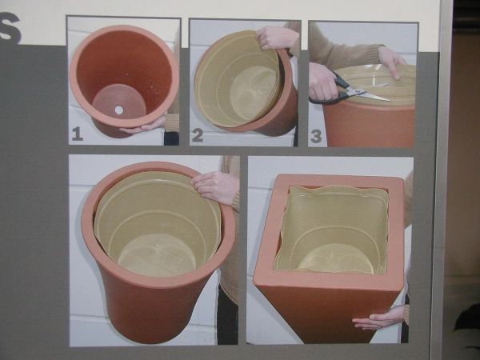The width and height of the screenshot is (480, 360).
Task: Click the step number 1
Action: (77, 134)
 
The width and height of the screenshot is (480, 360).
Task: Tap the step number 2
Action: (198, 135)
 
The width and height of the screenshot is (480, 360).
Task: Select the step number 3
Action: (316, 135)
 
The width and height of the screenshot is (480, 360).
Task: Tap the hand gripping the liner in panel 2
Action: (277, 37)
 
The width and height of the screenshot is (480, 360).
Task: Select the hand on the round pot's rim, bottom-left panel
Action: (214, 186)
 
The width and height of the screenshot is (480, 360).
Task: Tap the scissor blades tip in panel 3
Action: (388, 99)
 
